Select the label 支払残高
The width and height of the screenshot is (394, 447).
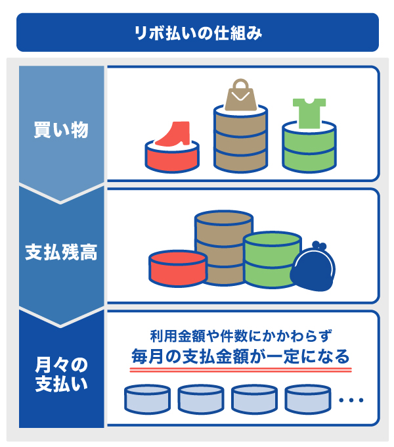pos(61,252)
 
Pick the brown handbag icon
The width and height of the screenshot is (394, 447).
pos(240,97)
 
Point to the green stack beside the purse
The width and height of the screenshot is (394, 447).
pos(272,262)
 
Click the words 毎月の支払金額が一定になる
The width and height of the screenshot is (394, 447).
pos(240,357)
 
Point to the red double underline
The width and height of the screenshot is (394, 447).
pos(240,371)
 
